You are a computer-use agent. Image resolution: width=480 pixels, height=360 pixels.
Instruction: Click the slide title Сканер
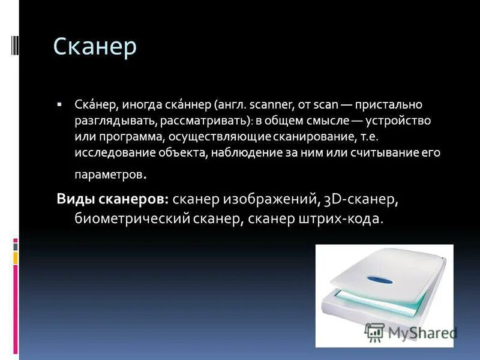(x=95, y=47)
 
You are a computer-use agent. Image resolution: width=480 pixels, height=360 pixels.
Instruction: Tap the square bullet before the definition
(x=59, y=104)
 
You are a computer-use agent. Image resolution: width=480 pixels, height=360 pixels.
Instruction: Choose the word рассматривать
(x=202, y=121)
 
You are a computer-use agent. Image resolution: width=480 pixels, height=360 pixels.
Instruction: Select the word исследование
(x=110, y=153)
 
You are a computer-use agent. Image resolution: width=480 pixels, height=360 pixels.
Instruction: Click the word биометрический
(x=132, y=219)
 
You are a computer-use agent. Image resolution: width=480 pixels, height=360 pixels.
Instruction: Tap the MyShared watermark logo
(x=410, y=332)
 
